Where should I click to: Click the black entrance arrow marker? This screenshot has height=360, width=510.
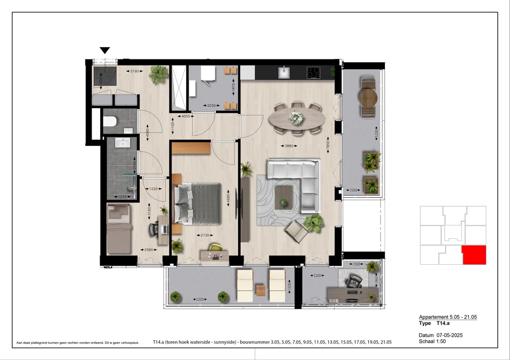(x=105, y=50)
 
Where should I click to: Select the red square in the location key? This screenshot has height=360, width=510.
(x=474, y=255)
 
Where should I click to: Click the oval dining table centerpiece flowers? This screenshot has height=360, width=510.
(x=296, y=117)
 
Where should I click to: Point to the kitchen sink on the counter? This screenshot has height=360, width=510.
(x=284, y=73)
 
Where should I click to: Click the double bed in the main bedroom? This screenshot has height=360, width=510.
(x=198, y=203)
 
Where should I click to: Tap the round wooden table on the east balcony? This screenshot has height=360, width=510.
(x=368, y=98)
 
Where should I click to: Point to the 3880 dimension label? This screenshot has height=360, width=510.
(x=288, y=146)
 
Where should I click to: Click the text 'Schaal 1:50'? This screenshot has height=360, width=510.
(x=432, y=341)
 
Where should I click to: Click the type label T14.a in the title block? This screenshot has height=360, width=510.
(x=442, y=323)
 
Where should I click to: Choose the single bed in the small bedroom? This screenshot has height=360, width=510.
(x=119, y=230)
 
